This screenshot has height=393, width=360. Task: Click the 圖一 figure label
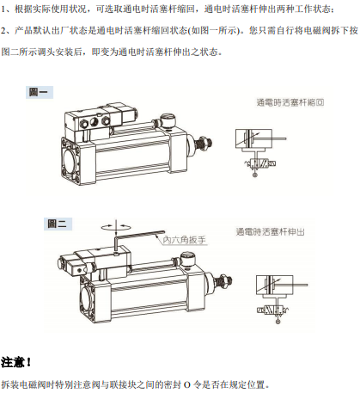pos(40,92)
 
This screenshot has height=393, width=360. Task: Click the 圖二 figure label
pos(58,224)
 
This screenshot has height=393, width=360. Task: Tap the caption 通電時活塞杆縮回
pos(290,102)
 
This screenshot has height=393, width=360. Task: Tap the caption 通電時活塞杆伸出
pos(270,231)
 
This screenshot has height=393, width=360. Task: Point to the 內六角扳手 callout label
pos(184,240)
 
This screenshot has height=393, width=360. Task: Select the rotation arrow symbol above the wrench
pos(116,227)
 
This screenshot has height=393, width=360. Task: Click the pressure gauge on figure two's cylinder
pos(186,260)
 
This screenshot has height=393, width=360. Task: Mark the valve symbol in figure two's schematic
pos(272,310)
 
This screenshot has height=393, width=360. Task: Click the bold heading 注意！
pos(16,362)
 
